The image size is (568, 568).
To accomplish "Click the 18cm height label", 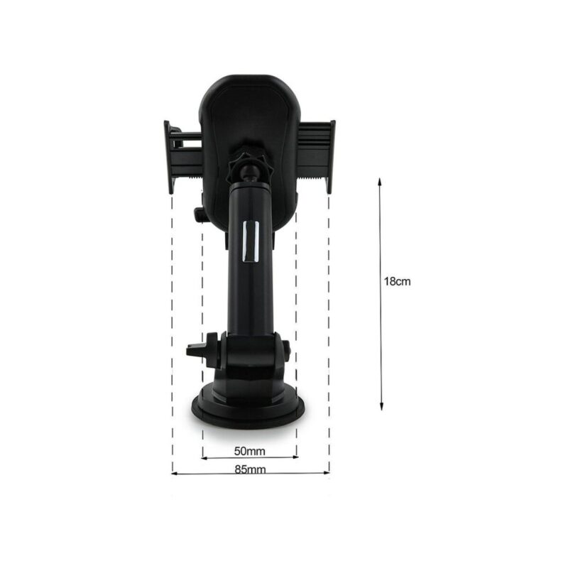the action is coord(398,281).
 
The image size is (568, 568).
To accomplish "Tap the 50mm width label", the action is coord(250,451).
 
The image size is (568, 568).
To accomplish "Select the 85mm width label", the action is coord(250,469).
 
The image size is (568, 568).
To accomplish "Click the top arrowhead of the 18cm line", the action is coord(380,181).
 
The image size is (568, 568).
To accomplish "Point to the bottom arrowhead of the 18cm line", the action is coord(381,407).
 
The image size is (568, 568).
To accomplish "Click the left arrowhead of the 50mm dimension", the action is coord(204,458).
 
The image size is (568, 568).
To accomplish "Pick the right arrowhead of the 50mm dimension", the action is coord(295,457).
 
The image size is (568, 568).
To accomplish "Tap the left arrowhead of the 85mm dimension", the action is coord(174,473).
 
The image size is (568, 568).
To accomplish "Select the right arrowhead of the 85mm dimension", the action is coord(327,472).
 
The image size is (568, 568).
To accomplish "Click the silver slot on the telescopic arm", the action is coord(251,241).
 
